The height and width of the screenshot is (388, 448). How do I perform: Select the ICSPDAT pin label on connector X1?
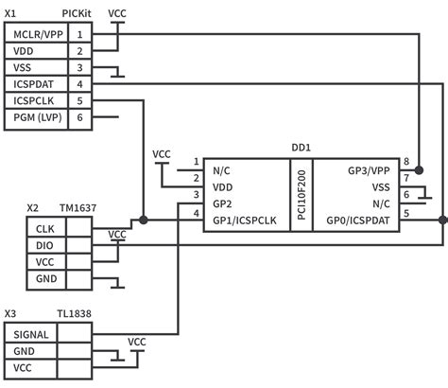33,84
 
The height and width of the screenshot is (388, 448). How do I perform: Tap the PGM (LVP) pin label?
37,117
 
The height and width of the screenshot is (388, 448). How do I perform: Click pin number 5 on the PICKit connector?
80,100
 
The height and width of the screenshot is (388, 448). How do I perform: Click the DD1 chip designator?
302,149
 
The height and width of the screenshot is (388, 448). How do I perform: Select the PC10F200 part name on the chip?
301,195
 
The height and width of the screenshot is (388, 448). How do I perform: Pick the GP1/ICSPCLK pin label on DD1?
245,220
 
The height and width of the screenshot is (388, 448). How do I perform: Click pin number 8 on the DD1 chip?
406,162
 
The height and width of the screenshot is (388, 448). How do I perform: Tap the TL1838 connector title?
76,313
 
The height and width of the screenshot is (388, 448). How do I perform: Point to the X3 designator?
10,313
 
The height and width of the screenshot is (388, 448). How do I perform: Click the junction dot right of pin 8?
421,169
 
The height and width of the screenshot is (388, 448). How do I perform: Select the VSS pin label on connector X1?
22,67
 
